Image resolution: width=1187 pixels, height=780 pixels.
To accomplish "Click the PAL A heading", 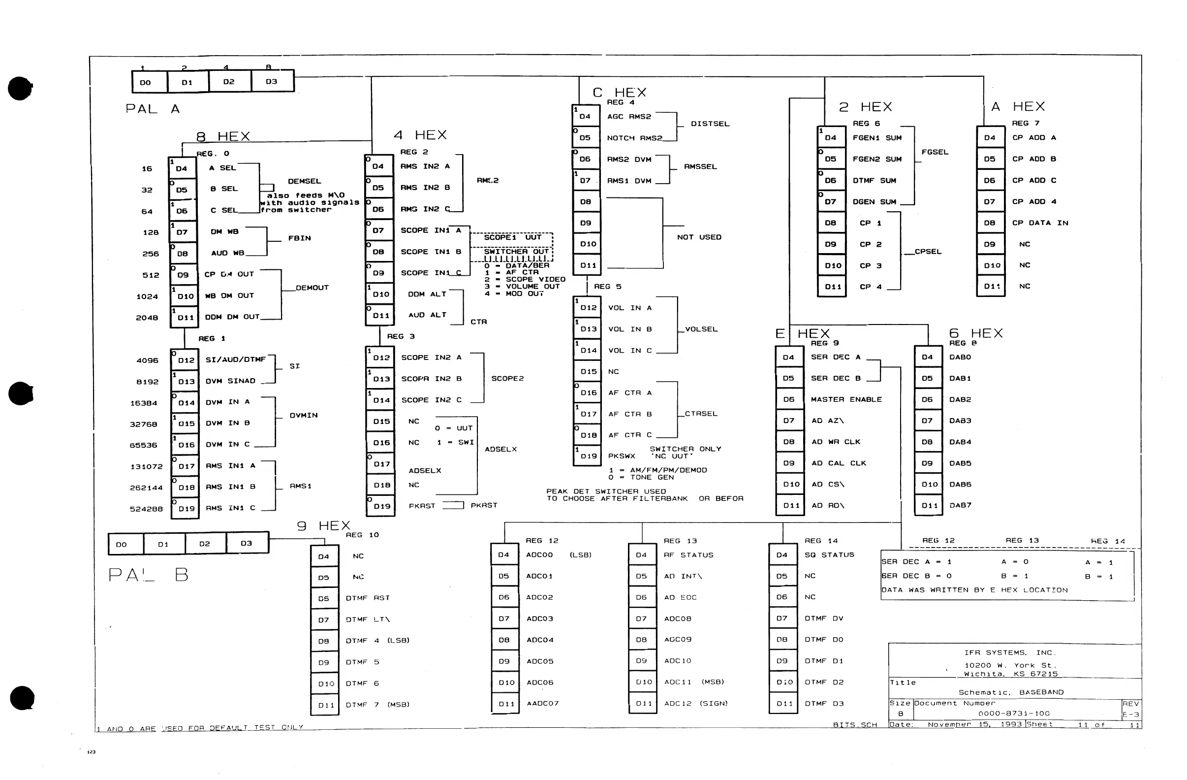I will click(152, 109).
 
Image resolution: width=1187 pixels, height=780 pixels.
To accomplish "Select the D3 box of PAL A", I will click(272, 81).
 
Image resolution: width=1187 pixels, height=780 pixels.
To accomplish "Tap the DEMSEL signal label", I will click(304, 181).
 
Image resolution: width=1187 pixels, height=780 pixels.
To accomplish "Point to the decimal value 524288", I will click(146, 509).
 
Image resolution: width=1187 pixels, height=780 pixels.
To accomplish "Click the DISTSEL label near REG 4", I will click(710, 124).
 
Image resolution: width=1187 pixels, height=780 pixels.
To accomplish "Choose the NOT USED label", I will click(699, 237).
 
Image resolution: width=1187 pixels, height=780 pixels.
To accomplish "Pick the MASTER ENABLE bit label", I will click(846, 399).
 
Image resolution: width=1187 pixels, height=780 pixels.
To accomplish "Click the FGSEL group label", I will click(935, 152).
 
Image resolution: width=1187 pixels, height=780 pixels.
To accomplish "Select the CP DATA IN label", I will click(1040, 223).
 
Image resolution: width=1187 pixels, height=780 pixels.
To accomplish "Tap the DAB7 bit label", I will click(960, 506).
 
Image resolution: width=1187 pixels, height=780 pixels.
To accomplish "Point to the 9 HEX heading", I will click(324, 526).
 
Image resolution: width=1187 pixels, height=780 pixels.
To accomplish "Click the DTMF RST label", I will click(368, 598).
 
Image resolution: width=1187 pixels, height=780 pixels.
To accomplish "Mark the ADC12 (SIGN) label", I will click(696, 704).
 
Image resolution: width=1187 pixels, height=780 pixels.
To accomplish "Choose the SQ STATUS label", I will click(829, 555).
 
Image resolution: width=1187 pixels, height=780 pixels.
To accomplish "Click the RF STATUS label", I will click(688, 555).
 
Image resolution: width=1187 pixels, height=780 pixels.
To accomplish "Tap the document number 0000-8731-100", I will click(1014, 714).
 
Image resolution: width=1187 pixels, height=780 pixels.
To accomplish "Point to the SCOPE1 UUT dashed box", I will click(512, 237).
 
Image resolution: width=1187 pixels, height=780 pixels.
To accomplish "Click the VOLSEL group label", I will click(701, 329).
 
